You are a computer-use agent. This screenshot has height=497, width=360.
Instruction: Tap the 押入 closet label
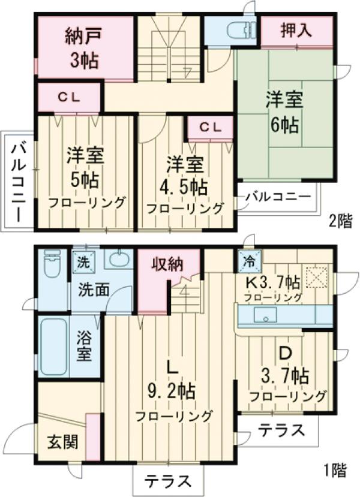point(296,31)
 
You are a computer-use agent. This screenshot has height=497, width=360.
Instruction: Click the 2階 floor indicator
point(340,221)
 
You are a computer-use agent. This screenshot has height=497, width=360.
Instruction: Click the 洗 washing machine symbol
point(82,261)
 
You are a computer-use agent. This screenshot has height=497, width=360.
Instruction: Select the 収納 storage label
point(167,264)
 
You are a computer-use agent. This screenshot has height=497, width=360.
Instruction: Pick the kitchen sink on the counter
point(264,315)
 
